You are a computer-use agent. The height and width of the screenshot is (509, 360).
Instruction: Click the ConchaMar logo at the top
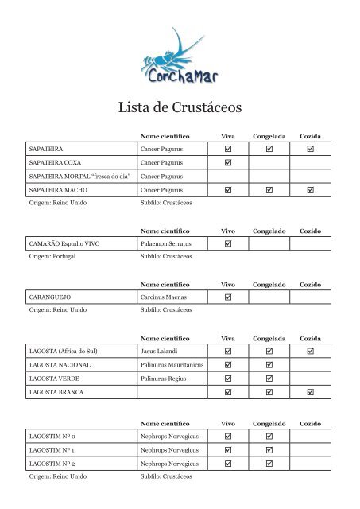[180, 57]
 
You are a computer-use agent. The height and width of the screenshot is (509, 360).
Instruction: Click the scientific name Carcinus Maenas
[165, 297]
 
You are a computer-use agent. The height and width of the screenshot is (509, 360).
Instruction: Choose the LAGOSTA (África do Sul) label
[68, 350]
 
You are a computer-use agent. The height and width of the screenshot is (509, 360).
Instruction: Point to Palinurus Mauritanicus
[172, 364]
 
